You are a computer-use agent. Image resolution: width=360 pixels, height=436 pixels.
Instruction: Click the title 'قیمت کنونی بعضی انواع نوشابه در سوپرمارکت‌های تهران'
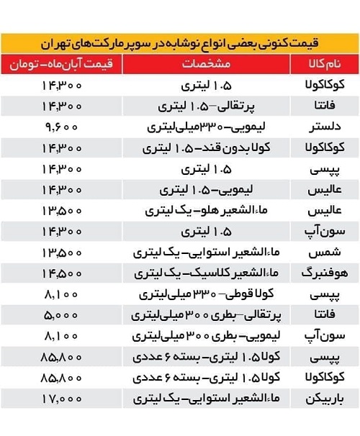pyautogui.click(x=179, y=42)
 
